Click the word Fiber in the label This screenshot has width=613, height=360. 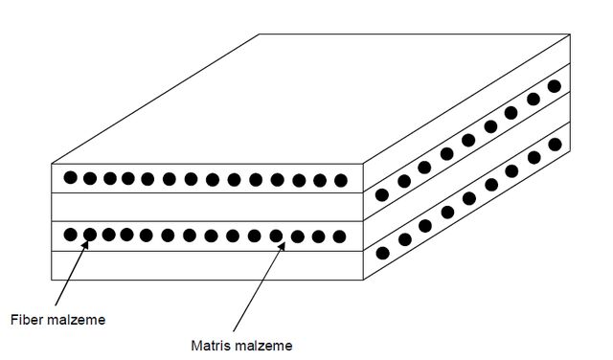click(x=26, y=320)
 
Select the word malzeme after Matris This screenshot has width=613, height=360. click(x=261, y=346)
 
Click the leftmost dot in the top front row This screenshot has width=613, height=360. click(x=70, y=177)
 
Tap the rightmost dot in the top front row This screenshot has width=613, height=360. click(x=341, y=180)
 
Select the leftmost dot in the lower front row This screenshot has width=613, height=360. click(x=70, y=235)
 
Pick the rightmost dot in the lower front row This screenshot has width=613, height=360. click(x=339, y=236)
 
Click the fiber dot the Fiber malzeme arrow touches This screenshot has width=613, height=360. click(x=90, y=235)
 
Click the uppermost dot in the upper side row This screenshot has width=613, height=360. click(x=555, y=86)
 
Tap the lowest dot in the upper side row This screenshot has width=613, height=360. click(x=382, y=194)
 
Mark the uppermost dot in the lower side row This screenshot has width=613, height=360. click(x=555, y=145)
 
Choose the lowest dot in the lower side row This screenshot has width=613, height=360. click(x=383, y=254)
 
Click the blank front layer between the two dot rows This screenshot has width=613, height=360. click(x=207, y=207)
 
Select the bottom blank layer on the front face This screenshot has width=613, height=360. click(x=207, y=265)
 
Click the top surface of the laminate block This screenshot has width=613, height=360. click(x=310, y=99)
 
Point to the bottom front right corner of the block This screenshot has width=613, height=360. click(x=363, y=280)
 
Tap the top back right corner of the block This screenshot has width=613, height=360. click(x=570, y=34)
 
